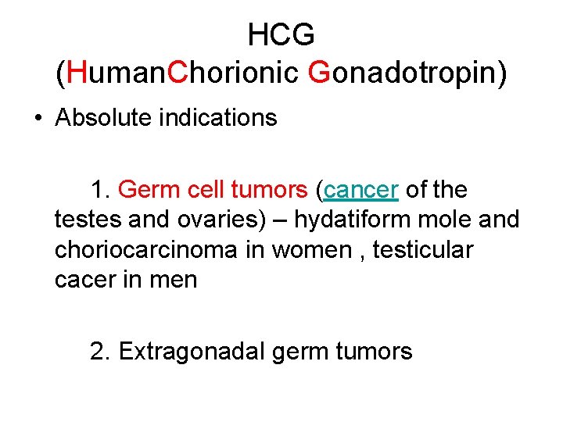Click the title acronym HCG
[281, 34]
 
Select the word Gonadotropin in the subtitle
[407, 73]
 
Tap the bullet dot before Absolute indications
[38, 119]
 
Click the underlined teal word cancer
[361, 190]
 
